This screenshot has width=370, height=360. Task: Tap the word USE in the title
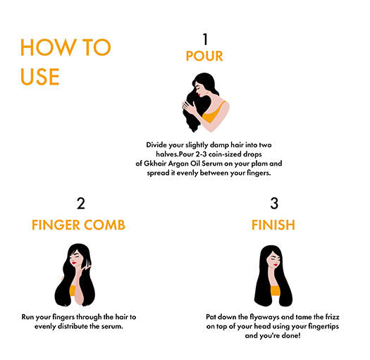pyautogui.click(x=40, y=77)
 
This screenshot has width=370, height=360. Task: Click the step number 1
pyautogui.click(x=205, y=39)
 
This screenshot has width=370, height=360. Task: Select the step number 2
pyautogui.click(x=81, y=204)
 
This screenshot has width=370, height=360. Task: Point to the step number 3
pyautogui.click(x=274, y=204)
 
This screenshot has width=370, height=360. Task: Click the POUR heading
pyautogui.click(x=204, y=56)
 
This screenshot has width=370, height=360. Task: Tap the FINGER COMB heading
pyautogui.click(x=78, y=225)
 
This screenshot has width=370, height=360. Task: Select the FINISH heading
pyautogui.click(x=273, y=225)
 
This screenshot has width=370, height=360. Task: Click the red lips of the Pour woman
pyautogui.click(x=199, y=94)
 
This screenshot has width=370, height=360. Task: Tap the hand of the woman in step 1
pyautogui.click(x=188, y=107)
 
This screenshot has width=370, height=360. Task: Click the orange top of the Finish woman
pyautogui.click(x=275, y=291)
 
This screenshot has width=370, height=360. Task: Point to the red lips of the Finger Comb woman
pyautogui.click(x=74, y=263)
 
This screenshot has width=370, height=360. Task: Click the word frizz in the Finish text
pyautogui.click(x=332, y=317)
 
